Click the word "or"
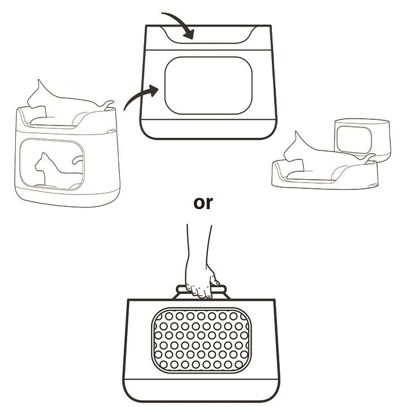tap(203, 202)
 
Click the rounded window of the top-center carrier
tap(208, 85)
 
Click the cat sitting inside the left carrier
tap(49, 170)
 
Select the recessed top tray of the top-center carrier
tap(208, 37)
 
